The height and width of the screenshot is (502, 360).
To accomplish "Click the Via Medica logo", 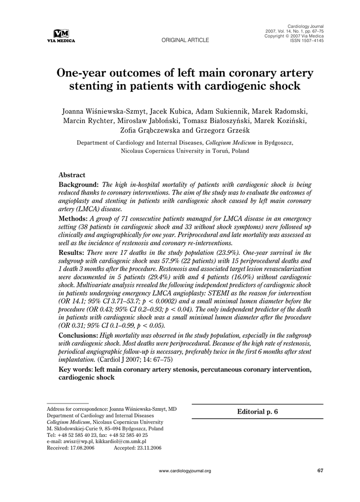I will point(61,36).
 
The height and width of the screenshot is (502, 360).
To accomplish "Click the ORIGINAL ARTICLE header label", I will point(185,40).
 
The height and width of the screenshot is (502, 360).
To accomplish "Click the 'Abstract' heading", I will point(72,175).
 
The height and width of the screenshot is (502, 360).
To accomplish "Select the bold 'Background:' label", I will point(79,185).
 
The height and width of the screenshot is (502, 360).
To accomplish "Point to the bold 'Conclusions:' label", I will point(78,335).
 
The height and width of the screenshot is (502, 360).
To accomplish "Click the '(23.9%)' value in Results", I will point(193,252).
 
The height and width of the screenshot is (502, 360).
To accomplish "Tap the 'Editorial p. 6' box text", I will point(257,412).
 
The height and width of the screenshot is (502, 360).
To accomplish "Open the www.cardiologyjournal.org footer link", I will point(185,471).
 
